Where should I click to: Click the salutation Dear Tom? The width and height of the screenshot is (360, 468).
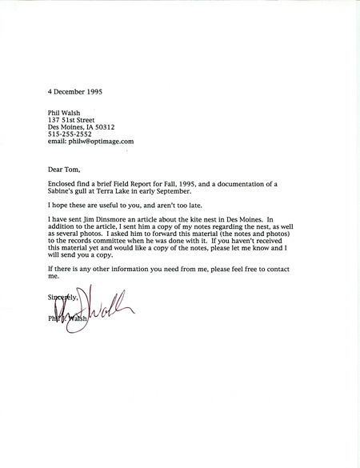66,170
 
